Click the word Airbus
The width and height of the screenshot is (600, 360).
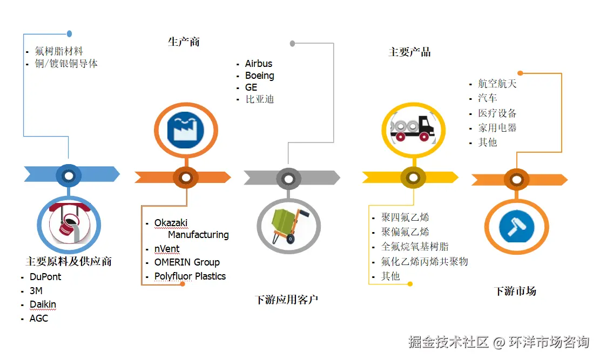tap(259, 64)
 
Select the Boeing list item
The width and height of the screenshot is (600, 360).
tap(259, 76)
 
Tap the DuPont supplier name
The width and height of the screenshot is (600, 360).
tap(45, 276)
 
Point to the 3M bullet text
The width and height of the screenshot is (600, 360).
tap(36, 291)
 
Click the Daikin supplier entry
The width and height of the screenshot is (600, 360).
tap(43, 304)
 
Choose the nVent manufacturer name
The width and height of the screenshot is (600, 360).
tap(167, 249)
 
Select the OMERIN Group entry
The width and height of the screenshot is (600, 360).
tap(187, 262)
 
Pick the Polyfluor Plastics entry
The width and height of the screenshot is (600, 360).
tap(190, 276)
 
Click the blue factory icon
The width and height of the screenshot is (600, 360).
tap(186, 130)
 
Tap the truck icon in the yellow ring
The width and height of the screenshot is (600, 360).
tap(413, 130)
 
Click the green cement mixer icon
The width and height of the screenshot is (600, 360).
tap(288, 226)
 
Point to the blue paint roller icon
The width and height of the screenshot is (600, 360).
tap(517, 227)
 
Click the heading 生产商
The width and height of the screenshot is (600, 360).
tap(184, 42)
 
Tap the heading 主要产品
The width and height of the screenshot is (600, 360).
tap(409, 52)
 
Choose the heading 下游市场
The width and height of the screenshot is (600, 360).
tap(515, 291)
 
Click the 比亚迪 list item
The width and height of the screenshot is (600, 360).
tap(260, 99)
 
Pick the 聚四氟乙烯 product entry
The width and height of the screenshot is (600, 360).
tap(405, 218)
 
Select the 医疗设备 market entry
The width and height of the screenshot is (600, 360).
tap(497, 113)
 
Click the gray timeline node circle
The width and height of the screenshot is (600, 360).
tap(288, 179)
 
